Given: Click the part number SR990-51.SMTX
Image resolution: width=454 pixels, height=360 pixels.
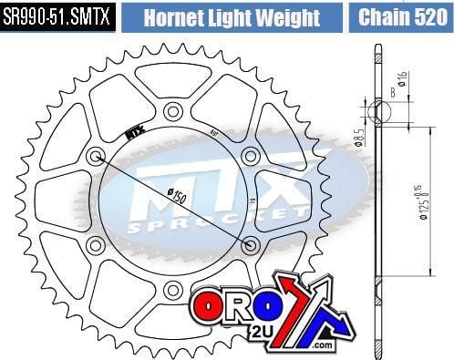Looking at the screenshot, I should [57, 17].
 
